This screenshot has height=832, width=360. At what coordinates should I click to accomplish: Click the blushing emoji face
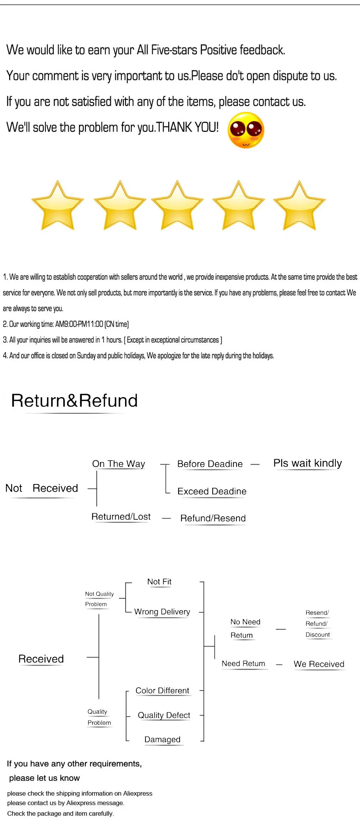[246, 130]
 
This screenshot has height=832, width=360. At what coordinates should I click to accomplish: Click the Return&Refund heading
[74, 401]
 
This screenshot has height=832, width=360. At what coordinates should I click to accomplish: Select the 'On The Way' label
[119, 464]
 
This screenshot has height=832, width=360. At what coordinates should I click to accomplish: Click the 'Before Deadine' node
[210, 464]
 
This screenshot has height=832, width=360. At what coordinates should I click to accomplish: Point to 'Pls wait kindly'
[307, 463]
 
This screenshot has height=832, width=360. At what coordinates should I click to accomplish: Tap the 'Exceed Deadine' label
[212, 491]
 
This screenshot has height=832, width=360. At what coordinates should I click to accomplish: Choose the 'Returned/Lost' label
[121, 517]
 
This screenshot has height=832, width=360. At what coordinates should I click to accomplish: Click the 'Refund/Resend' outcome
[213, 518]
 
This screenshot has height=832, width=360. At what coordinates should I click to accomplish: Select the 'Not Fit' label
[159, 581]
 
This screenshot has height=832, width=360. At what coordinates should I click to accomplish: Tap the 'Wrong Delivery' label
[162, 611]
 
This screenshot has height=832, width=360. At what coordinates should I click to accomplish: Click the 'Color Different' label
[162, 691]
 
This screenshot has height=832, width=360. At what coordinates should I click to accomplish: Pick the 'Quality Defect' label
[164, 715]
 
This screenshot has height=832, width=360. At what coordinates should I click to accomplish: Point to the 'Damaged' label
[162, 740]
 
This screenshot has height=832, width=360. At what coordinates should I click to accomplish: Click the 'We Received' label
[319, 664]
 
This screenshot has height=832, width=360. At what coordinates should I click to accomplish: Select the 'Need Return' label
[243, 664]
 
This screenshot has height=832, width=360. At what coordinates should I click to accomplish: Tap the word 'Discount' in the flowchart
[318, 635]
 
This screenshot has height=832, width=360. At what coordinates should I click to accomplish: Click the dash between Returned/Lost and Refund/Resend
[166, 518]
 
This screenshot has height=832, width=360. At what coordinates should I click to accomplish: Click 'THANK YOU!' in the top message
[188, 127]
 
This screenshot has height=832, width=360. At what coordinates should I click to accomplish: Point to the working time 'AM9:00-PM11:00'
[79, 324]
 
